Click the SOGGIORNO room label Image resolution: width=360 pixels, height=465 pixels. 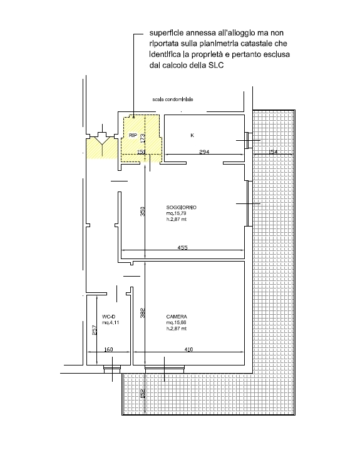[x=182, y=207]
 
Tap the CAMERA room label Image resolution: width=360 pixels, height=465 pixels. [x=177, y=317]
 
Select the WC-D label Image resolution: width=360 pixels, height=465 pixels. [x=108, y=317]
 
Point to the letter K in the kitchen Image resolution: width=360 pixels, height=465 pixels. [x=192, y=135]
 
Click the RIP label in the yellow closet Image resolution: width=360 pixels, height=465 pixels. [x=133, y=135]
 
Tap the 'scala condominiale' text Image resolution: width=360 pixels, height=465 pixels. [x=173, y=100]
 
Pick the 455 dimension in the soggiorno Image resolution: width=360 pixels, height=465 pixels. [x=183, y=247]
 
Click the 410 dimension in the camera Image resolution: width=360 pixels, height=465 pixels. [x=188, y=349]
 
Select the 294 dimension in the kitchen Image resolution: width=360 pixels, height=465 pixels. [x=204, y=152]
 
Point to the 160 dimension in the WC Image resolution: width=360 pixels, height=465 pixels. [x=108, y=349]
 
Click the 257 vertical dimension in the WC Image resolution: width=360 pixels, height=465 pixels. [x=95, y=330]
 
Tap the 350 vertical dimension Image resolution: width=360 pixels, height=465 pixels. [x=143, y=211]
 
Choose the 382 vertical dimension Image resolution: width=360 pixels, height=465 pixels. [x=143, y=314]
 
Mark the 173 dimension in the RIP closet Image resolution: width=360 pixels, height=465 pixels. [x=143, y=138]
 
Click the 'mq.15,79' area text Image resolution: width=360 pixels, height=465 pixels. [x=177, y=213]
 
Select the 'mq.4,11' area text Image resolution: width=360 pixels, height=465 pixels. [x=110, y=322]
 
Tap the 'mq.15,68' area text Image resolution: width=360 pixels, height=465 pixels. [x=177, y=322]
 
